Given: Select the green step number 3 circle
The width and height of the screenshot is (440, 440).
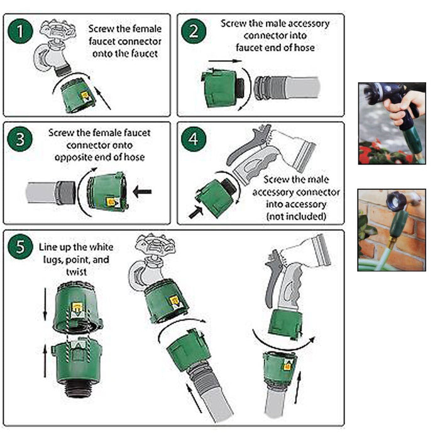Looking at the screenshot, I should click(22, 140).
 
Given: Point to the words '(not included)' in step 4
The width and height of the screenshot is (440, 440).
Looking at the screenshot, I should click(296, 216).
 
